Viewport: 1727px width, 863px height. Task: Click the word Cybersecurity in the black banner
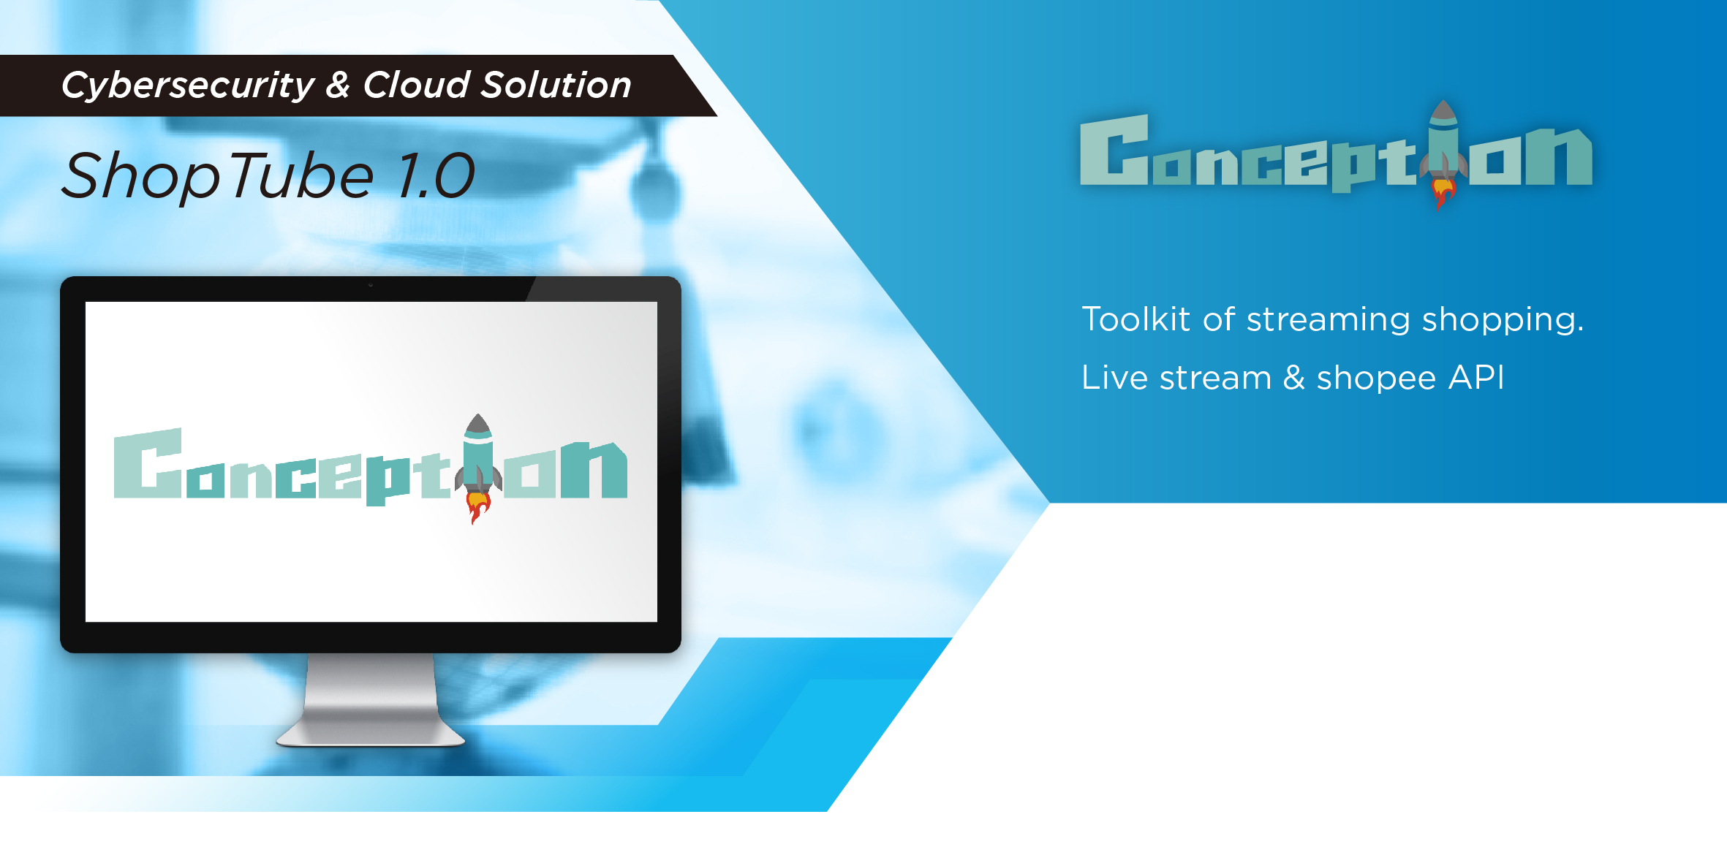pos(188,86)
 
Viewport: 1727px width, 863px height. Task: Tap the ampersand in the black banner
pos(338,85)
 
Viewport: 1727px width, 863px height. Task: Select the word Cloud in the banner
pos(416,85)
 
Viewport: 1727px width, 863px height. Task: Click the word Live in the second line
pos(1114,378)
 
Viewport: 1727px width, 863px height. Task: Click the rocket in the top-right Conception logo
pos(1443,153)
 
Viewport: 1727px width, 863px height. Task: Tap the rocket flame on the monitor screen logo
pos(478,506)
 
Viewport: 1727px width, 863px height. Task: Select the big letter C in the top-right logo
pos(1114,150)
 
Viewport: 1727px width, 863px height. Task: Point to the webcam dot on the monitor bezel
pos(371,285)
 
